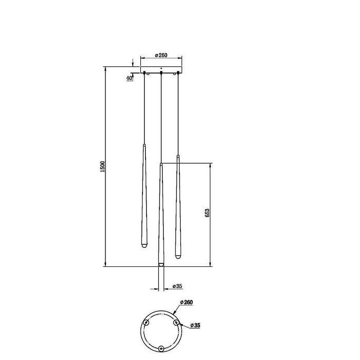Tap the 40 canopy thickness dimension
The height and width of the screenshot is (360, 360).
pyautogui.click(x=130, y=78)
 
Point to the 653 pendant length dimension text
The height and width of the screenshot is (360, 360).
pyautogui.click(x=207, y=214)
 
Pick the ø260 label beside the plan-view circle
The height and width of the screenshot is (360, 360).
pyautogui.click(x=186, y=302)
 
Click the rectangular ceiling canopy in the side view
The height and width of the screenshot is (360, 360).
pyautogui.click(x=161, y=69)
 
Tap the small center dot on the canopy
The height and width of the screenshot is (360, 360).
pyautogui.click(x=161, y=67)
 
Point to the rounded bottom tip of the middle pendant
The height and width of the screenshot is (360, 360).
pyautogui.click(x=161, y=265)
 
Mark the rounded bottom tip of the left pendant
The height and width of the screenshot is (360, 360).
pyautogui.click(x=145, y=246)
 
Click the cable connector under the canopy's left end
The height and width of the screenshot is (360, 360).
pyautogui.click(x=145, y=73)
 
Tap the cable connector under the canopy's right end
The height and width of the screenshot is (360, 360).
pyautogui.click(x=178, y=73)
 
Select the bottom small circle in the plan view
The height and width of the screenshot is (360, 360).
pyautogui.click(x=161, y=348)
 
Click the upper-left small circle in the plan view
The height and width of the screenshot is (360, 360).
pyautogui.click(x=146, y=323)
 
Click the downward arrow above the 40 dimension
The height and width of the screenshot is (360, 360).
pyautogui.click(x=133, y=64)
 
